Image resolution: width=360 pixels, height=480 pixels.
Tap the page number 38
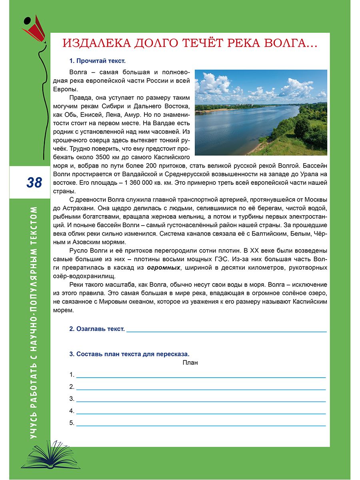pos(34,182)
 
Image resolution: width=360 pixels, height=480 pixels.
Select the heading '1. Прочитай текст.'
pos(97,61)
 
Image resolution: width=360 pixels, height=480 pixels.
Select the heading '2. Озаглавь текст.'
pos(97,329)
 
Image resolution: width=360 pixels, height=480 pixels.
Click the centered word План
pos(190,363)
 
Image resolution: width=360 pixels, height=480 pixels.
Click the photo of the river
pos(261,112)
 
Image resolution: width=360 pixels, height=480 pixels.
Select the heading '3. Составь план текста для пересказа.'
pos(129,354)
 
